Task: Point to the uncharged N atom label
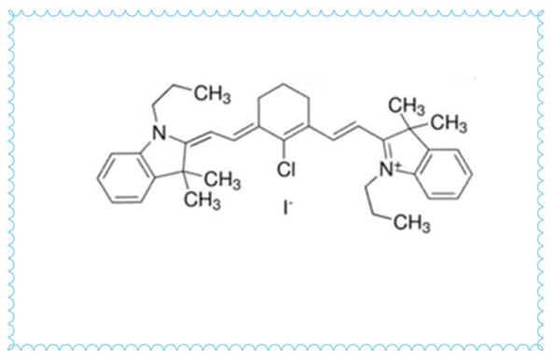point(158,137)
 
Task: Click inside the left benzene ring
point(122,173)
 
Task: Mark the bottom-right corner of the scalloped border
point(542,351)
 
